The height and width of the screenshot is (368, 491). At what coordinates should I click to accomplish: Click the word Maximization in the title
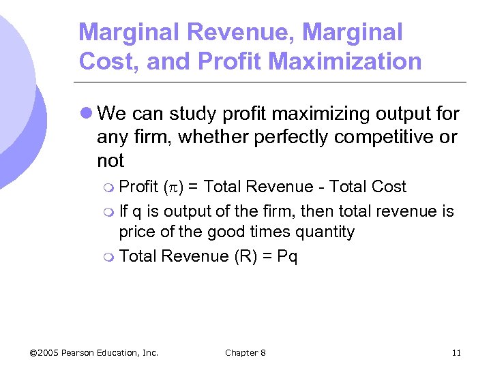pos(345,61)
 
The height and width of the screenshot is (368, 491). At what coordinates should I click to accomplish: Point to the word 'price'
pos(136,232)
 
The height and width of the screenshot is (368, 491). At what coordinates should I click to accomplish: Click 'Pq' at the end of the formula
pos(287,257)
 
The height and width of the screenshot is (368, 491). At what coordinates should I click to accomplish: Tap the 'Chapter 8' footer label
pos(245,352)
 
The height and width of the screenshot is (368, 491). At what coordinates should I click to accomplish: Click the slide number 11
pos(456,352)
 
